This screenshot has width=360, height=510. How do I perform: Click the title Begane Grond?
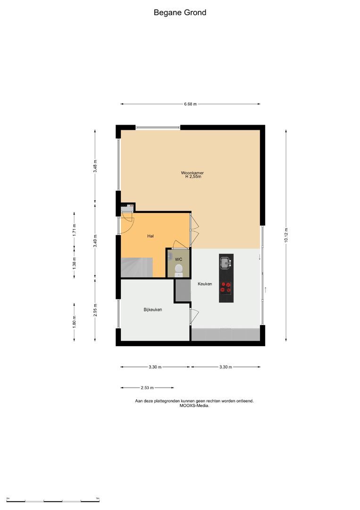tap(180, 13)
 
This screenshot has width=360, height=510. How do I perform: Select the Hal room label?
tap(151, 236)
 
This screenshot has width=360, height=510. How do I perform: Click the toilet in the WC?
tap(178, 270)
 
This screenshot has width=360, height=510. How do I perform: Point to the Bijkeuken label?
tap(153, 310)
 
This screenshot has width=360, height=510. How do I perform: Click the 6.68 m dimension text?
tap(190, 104)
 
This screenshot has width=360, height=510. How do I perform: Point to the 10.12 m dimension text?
tap(286, 235)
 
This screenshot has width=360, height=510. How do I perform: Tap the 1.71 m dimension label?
tap(74, 229)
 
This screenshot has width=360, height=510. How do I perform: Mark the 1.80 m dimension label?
tap(74, 321)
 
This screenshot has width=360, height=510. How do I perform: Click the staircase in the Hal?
tap(137, 268)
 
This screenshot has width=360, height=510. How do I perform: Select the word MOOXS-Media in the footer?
tap(194, 405)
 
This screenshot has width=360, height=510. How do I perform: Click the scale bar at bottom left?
tap(52, 501)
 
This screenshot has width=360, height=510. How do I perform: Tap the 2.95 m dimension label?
tap(95, 309)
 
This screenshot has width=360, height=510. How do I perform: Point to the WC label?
tap(178, 259)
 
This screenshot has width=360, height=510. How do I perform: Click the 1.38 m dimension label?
tap(74, 263)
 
